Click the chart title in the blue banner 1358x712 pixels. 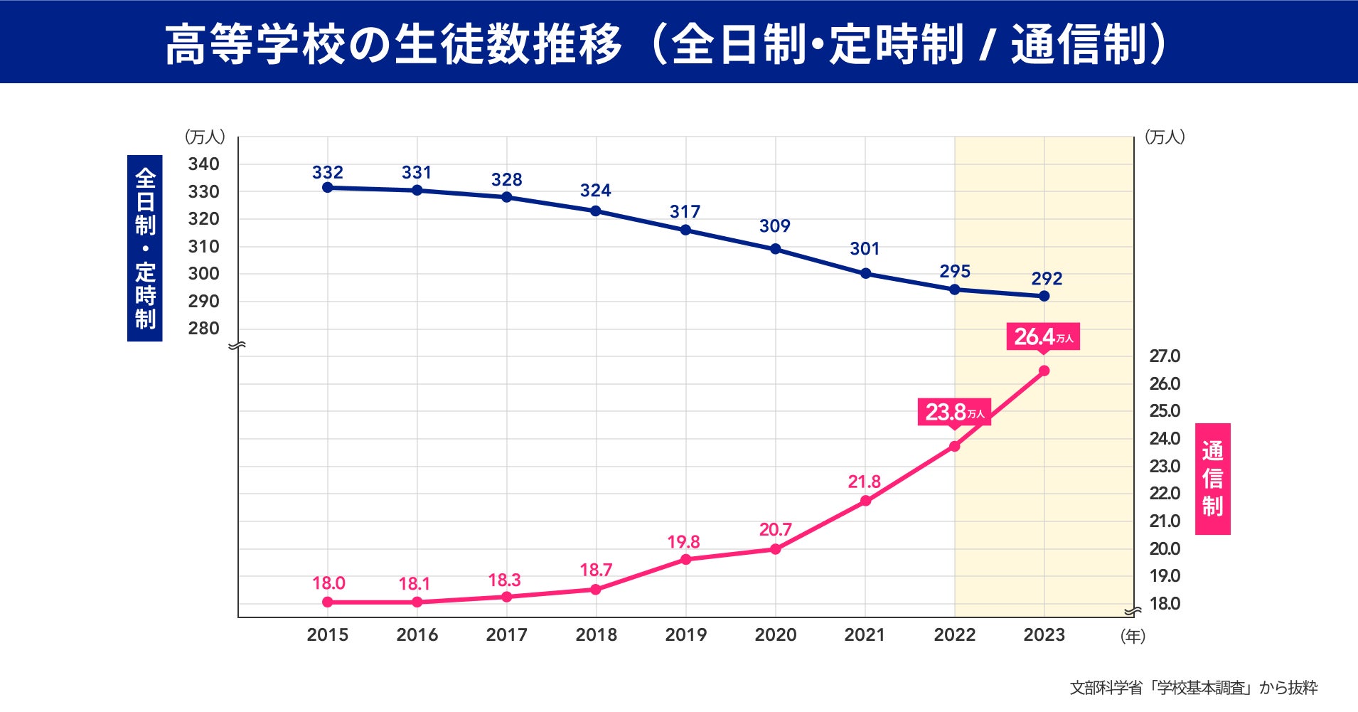665,44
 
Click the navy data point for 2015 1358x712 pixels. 328,188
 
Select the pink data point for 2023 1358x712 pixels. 1044,371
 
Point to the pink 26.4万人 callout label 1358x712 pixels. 1043,336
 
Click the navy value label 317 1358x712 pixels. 685,212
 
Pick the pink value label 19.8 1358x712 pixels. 683,542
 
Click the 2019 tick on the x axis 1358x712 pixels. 685,634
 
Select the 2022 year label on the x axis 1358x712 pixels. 954,634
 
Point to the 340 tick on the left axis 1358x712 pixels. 203,164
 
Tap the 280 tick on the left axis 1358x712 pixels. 203,329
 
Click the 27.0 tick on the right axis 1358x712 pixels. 1165,356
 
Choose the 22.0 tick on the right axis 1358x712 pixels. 1165,494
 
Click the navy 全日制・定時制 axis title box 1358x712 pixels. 145,248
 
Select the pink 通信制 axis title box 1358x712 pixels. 1212,479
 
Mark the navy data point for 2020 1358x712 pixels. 775,249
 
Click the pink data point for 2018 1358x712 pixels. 596,589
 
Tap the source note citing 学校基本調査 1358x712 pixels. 1193,688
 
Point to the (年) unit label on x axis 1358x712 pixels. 1133,636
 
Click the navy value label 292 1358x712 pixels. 1047,279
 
